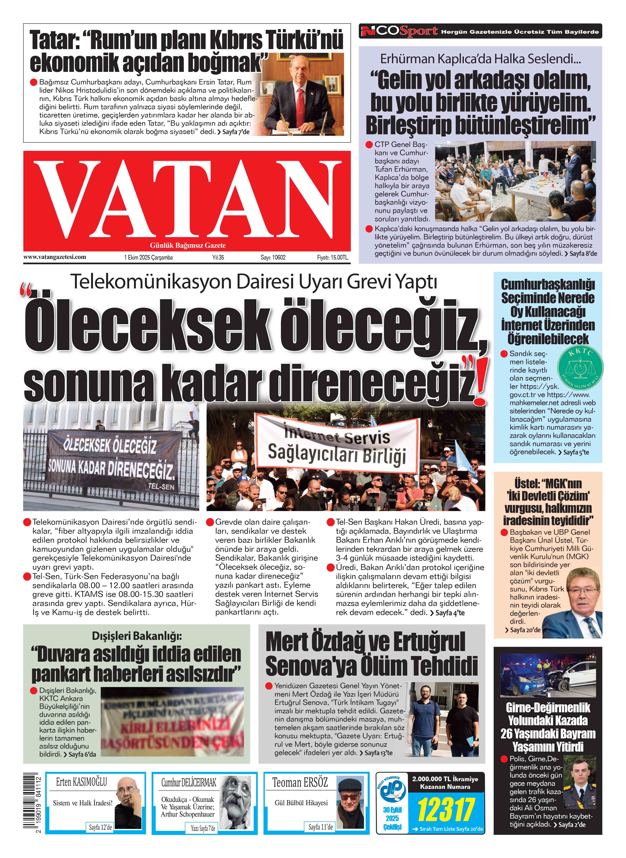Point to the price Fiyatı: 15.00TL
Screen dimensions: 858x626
click(332, 257)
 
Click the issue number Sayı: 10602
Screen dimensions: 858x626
click(273, 257)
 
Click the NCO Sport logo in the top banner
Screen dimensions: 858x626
click(399, 31)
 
